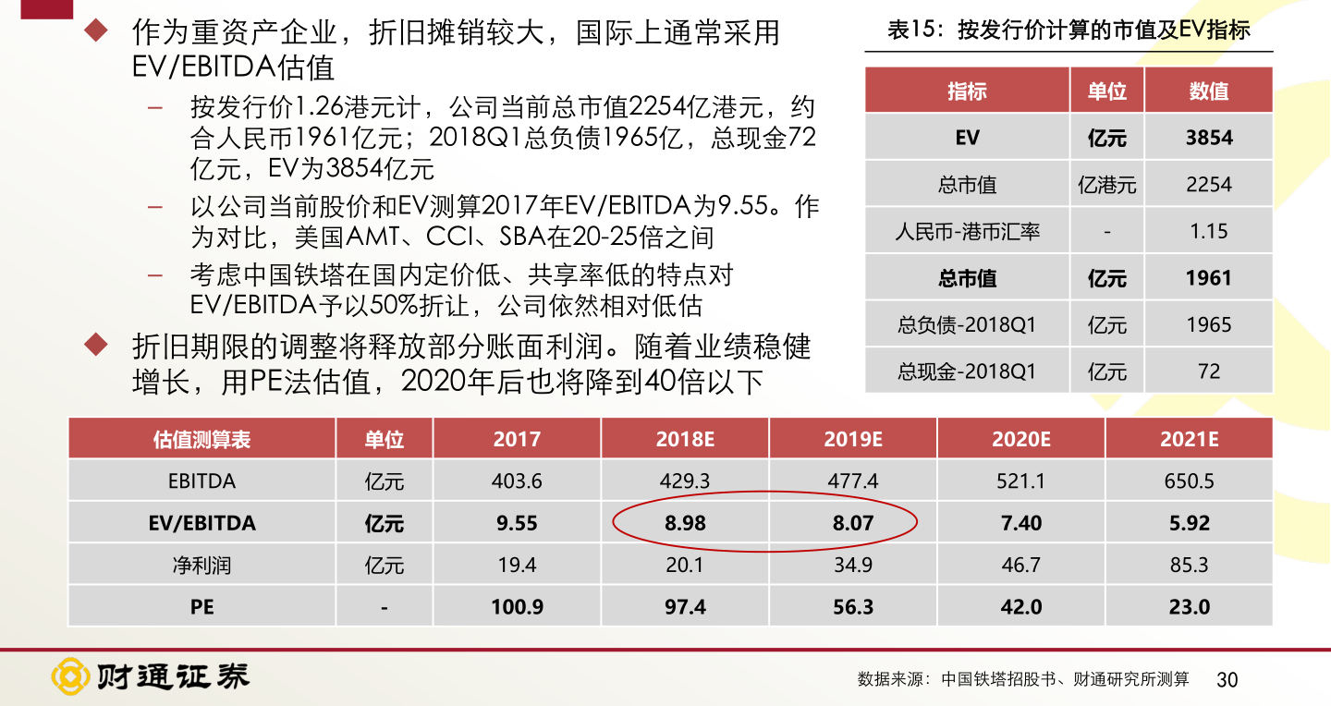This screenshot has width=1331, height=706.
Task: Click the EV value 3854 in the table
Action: (1208, 138)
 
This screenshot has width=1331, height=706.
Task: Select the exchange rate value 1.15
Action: (1208, 231)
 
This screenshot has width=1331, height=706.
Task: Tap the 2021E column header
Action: (1189, 439)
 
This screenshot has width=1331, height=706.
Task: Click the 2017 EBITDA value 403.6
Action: (517, 481)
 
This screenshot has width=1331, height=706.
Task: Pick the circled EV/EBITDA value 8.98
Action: (685, 523)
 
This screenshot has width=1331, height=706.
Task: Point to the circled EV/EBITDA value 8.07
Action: (852, 523)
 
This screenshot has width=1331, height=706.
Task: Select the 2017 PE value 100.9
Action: (517, 607)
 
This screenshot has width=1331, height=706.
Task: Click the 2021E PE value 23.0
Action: (1189, 607)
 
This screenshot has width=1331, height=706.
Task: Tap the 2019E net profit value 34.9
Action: (852, 565)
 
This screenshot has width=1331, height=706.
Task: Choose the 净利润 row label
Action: (201, 565)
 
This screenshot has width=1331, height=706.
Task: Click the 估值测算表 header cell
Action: (201, 439)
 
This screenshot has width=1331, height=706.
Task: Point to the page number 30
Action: (1227, 680)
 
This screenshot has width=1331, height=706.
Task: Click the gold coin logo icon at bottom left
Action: (70, 677)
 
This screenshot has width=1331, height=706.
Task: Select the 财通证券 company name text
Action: (174, 677)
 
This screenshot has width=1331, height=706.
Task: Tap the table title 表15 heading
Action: (1068, 30)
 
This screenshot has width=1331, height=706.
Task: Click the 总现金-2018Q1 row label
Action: (967, 371)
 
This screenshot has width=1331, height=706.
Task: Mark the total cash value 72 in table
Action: (1208, 371)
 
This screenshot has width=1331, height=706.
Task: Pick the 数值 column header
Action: (1208, 91)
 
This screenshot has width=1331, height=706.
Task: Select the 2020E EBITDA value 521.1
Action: (1020, 481)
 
